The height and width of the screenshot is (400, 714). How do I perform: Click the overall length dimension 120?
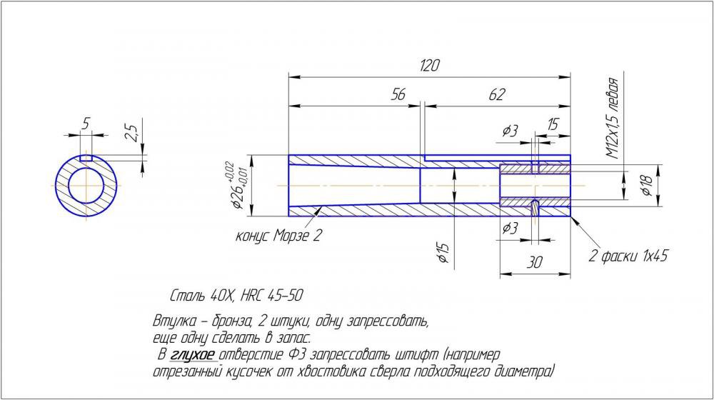click(x=429, y=66)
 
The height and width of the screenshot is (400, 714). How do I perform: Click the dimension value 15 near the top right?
click(x=553, y=124)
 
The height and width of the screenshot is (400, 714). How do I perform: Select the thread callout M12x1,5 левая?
click(x=612, y=118)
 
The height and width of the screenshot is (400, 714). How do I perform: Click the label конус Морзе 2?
click(x=278, y=236)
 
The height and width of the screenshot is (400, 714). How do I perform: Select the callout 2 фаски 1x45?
click(x=628, y=256)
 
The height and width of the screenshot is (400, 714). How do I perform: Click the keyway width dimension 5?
click(x=86, y=124)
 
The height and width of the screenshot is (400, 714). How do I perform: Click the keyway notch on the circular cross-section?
click(x=86, y=156)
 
